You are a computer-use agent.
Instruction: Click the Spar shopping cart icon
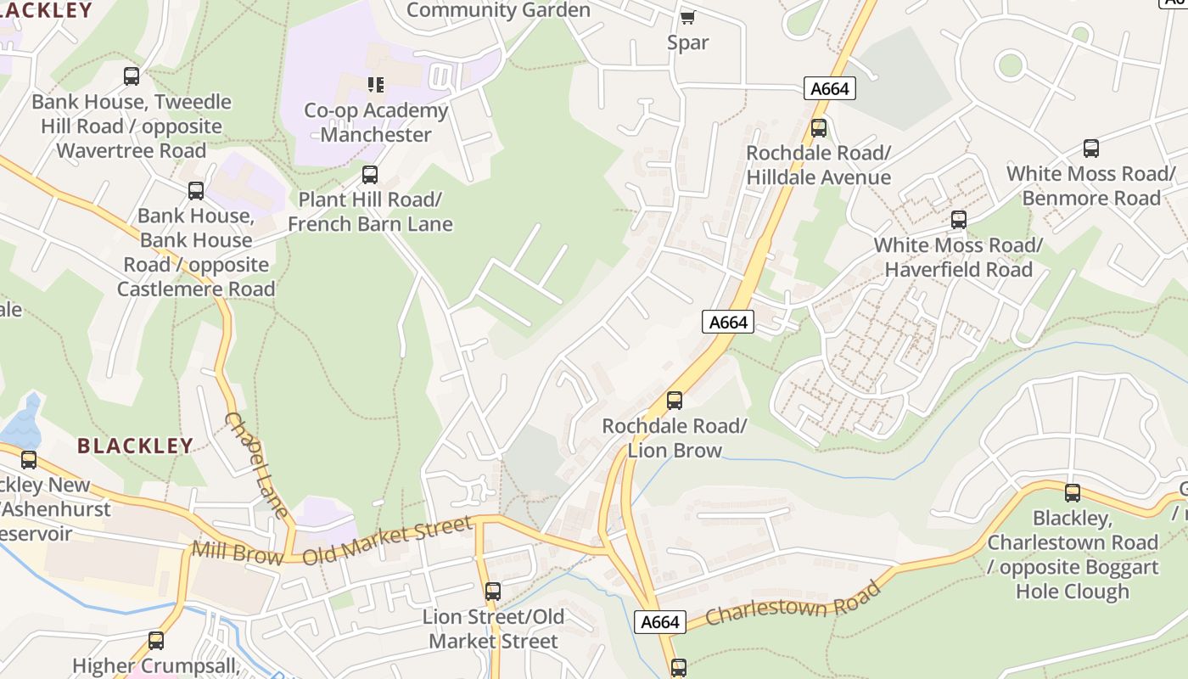pyautogui.click(x=687, y=17)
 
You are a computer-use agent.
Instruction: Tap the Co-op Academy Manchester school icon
pyautogui.click(x=375, y=84)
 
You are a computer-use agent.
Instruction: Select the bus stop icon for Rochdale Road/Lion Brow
pyautogui.click(x=675, y=400)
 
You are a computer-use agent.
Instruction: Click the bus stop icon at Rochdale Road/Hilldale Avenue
pyautogui.click(x=819, y=128)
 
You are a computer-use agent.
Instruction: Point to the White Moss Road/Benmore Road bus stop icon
pyautogui.click(x=1091, y=149)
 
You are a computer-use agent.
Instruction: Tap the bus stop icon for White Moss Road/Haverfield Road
pyautogui.click(x=959, y=220)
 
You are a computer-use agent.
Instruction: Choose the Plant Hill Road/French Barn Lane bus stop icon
pyautogui.click(x=370, y=175)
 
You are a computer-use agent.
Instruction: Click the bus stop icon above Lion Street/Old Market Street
pyautogui.click(x=493, y=591)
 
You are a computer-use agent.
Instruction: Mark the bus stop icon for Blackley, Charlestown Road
pyautogui.click(x=1073, y=492)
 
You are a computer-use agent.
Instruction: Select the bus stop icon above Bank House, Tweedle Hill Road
pyautogui.click(x=132, y=76)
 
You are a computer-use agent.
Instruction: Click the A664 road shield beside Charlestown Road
pyautogui.click(x=660, y=622)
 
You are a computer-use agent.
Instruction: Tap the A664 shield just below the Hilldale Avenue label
pyautogui.click(x=728, y=322)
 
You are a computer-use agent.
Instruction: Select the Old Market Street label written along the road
pyautogui.click(x=387, y=541)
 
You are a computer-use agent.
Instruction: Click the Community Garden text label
pyautogui.click(x=498, y=10)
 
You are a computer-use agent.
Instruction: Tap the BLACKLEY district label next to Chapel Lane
pyautogui.click(x=135, y=446)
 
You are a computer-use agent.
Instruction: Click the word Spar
pyautogui.click(x=687, y=42)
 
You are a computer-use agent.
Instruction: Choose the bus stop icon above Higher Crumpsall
pyautogui.click(x=156, y=641)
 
